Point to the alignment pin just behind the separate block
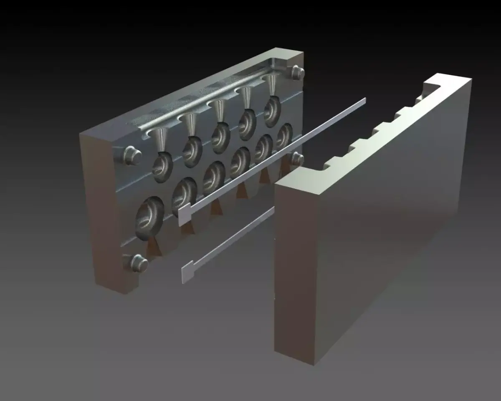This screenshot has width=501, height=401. click(x=297, y=158)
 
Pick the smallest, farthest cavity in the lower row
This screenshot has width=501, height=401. click(x=284, y=135)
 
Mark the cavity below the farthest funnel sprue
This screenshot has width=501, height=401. click(x=272, y=110)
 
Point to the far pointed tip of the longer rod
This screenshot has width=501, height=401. click(x=364, y=99)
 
